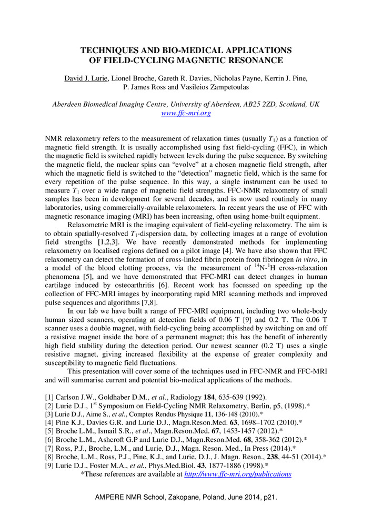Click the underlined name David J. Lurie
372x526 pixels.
tap(86, 78)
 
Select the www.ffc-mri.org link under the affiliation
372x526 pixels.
tap(186, 113)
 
